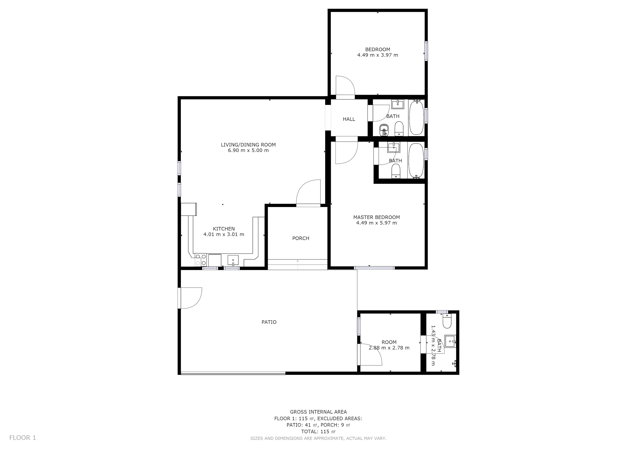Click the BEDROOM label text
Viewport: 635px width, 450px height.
pos(377,50)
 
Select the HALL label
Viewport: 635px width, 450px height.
pos(349,119)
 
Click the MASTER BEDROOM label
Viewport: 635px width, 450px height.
pos(376,217)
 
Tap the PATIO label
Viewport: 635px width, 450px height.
pos(269,322)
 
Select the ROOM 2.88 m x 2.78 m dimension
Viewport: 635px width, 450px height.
pos(389,348)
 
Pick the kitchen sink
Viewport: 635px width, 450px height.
pos(233,260)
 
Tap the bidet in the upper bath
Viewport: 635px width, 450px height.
pos(384,130)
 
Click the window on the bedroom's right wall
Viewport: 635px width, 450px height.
pos(426,51)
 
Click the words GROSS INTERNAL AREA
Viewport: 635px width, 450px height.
pos(318,412)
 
